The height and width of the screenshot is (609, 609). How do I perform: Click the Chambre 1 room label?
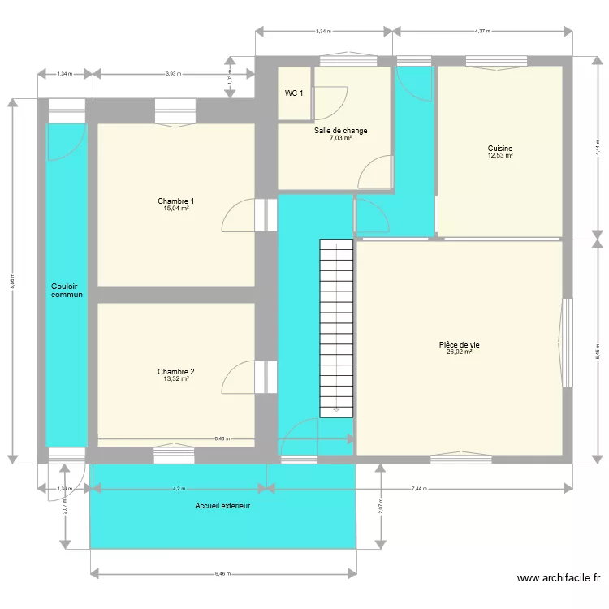pos(175,201)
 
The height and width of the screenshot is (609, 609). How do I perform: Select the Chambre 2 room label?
pos(175,371)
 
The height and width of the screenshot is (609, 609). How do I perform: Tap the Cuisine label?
pos(500,149)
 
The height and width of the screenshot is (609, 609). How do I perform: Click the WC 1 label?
pos(293,93)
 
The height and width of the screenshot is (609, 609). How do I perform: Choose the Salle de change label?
pos(340,130)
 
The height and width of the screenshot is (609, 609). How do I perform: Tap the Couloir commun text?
pos(66,291)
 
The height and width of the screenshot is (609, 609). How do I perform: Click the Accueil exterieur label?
pos(222,506)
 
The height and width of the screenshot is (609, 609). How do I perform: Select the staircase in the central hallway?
pos(337,328)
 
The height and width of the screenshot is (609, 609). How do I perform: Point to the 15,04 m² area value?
pos(175,208)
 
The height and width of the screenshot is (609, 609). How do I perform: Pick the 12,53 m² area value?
pos(500,156)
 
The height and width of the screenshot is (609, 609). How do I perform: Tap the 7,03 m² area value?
pos(340,138)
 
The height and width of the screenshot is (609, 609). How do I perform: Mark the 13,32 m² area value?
pos(175,378)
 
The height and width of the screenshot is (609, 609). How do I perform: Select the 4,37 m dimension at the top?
pos(482,32)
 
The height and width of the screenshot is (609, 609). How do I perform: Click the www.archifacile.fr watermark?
pos(559,578)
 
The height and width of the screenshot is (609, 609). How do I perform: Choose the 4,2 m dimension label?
pos(179,489)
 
